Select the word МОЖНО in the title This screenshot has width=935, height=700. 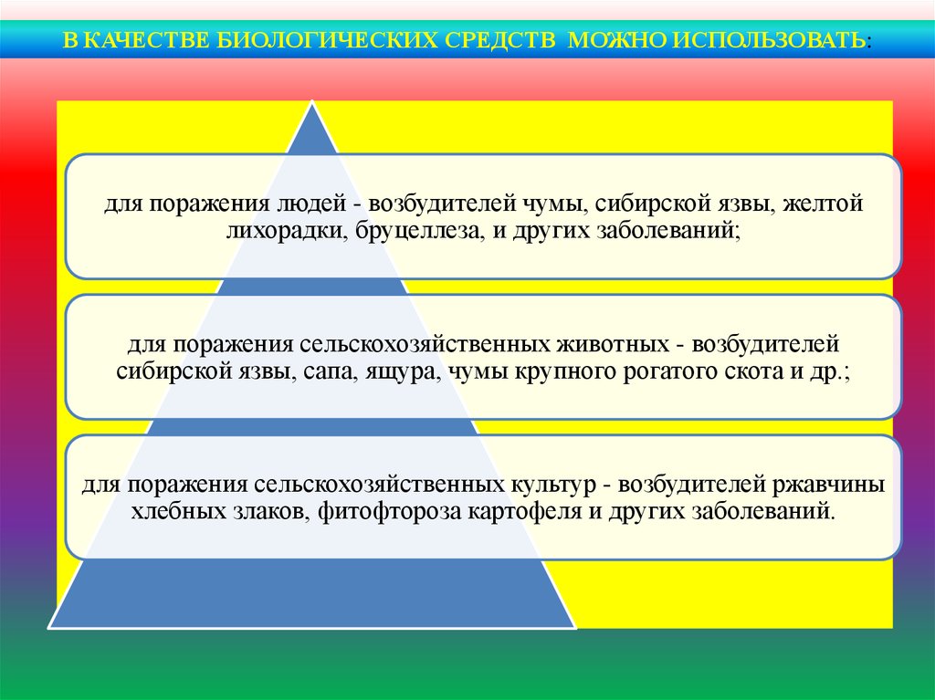pos(618,40)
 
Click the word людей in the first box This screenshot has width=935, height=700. pos(312,204)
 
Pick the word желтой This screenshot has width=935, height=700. pos(823,204)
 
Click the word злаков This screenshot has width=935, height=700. pos(269,512)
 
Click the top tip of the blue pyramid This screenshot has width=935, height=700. pos(312,100)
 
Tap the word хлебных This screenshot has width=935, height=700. pos(177,512)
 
